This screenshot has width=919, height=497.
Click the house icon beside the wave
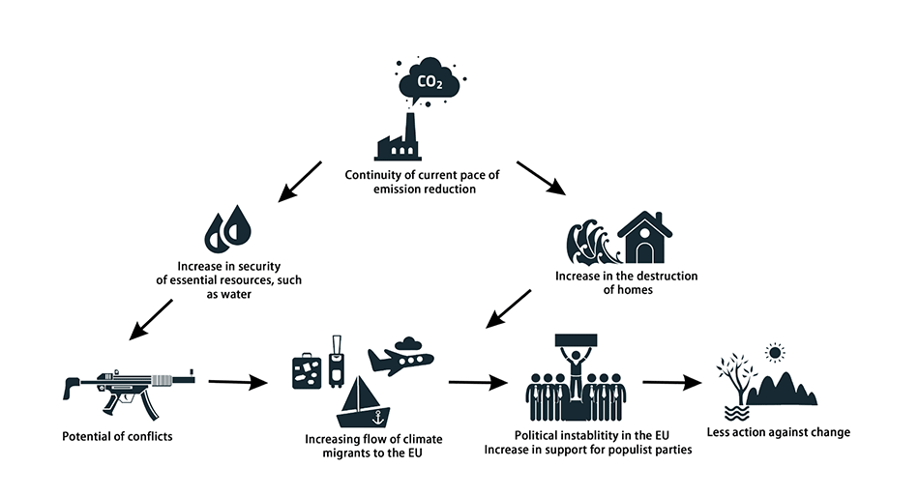pos(644,238)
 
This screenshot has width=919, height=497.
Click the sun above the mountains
pos(773,352)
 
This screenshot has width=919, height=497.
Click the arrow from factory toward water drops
pos(299,181)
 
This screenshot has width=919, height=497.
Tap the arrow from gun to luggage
pos(236,382)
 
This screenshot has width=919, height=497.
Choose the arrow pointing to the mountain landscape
pos(671,382)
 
